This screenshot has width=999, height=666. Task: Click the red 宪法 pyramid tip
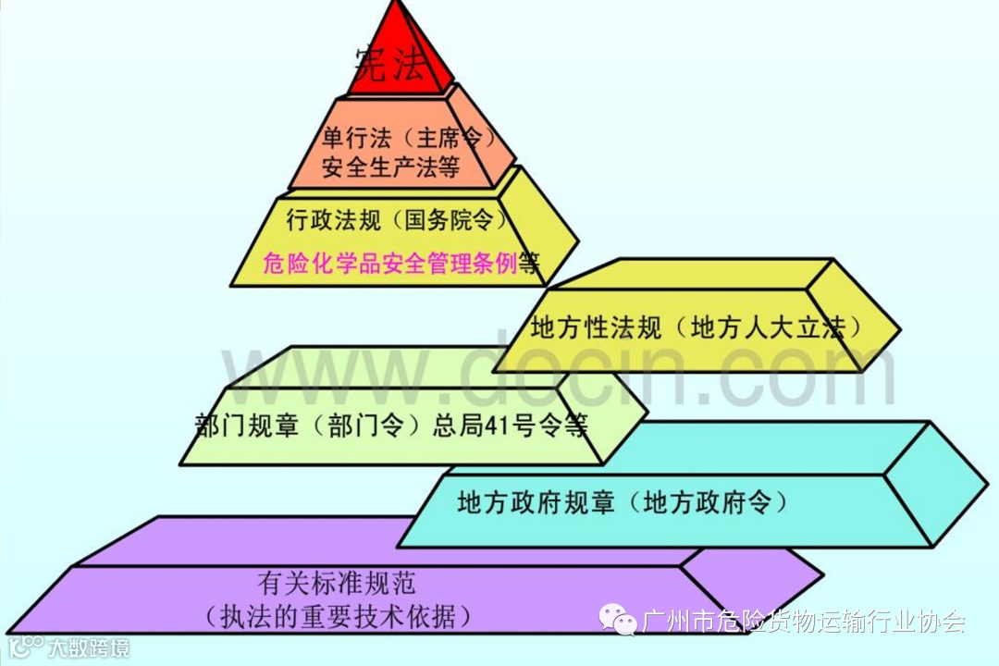tap(398, 55)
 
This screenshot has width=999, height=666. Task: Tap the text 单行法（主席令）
tap(403, 138)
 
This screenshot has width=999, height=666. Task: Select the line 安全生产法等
tap(391, 167)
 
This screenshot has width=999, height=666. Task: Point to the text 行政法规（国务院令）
tap(397, 220)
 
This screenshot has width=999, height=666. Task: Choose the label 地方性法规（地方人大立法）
tap(697, 327)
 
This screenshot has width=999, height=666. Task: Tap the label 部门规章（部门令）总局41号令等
tap(391, 425)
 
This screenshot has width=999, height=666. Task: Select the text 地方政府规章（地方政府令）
tap(622, 503)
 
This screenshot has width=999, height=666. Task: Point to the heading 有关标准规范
tap(337, 584)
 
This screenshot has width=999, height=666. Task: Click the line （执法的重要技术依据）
tap(337, 615)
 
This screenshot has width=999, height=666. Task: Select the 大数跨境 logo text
tap(89, 647)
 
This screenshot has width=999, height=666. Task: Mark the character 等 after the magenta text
tap(529, 264)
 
